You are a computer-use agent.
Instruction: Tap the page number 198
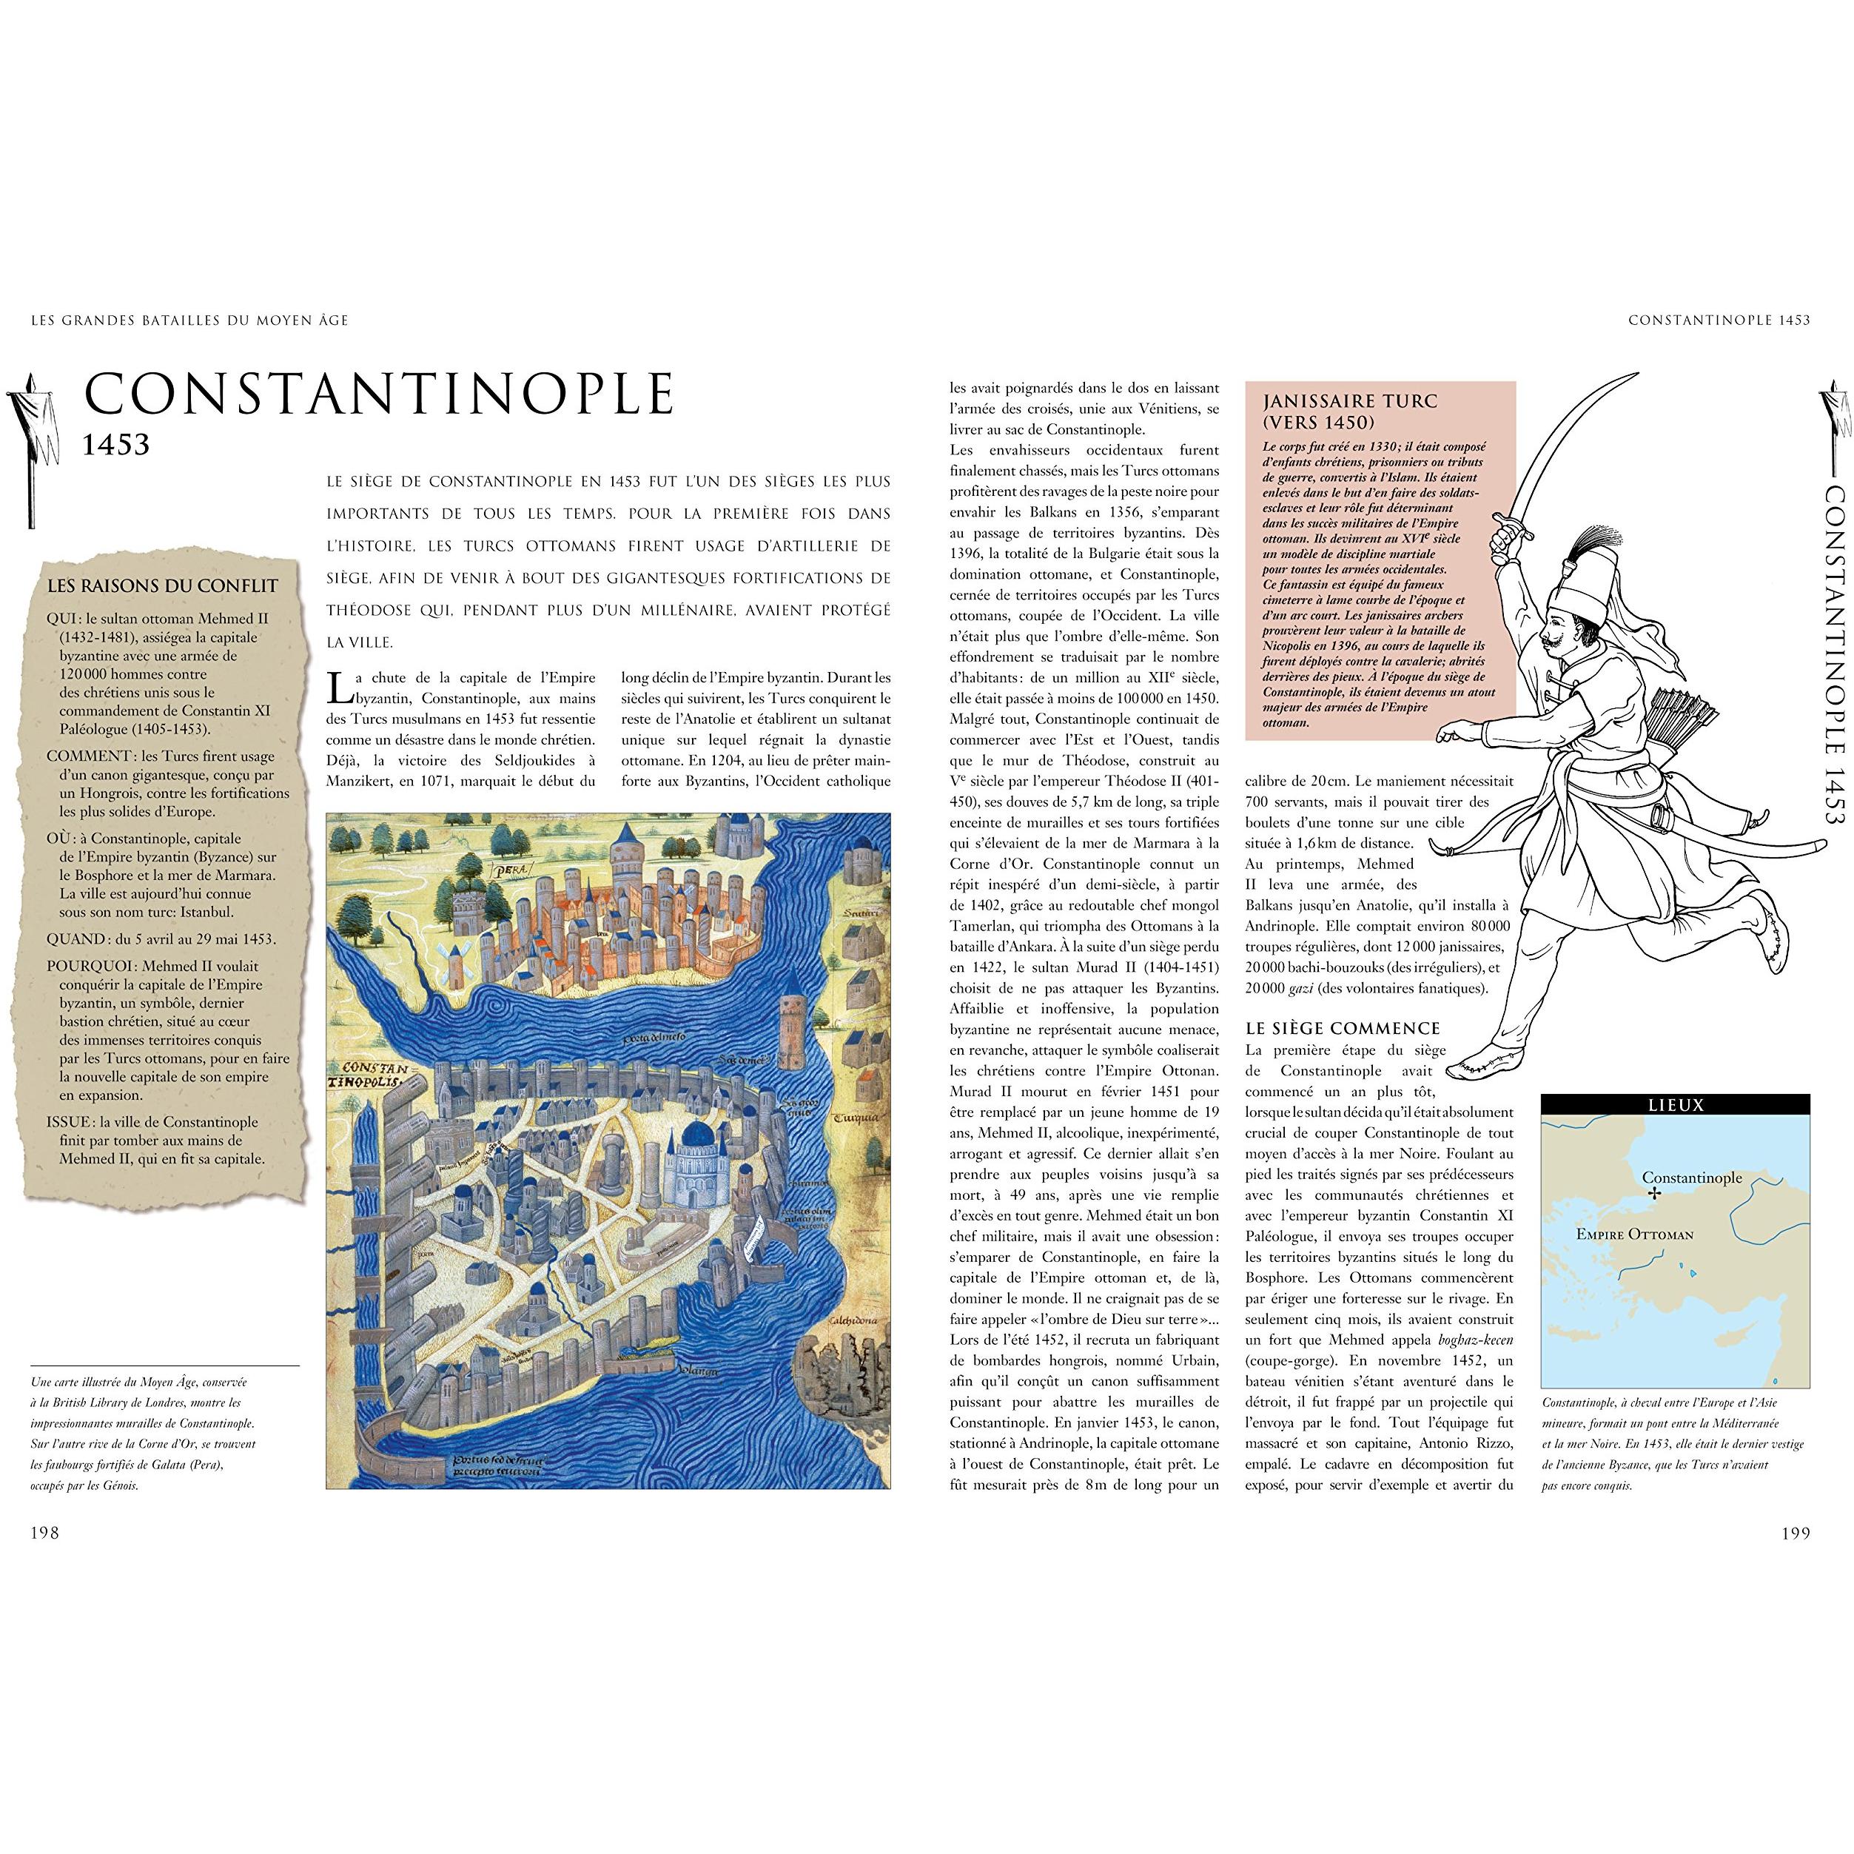click(45, 1533)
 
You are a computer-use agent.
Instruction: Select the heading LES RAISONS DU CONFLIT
click(162, 585)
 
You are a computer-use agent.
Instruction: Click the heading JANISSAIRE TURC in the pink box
click(1349, 401)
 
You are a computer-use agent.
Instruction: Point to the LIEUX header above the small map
click(1675, 1104)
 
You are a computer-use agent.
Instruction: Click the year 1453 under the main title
click(116, 444)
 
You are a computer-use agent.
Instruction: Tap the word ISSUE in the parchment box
click(70, 1122)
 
